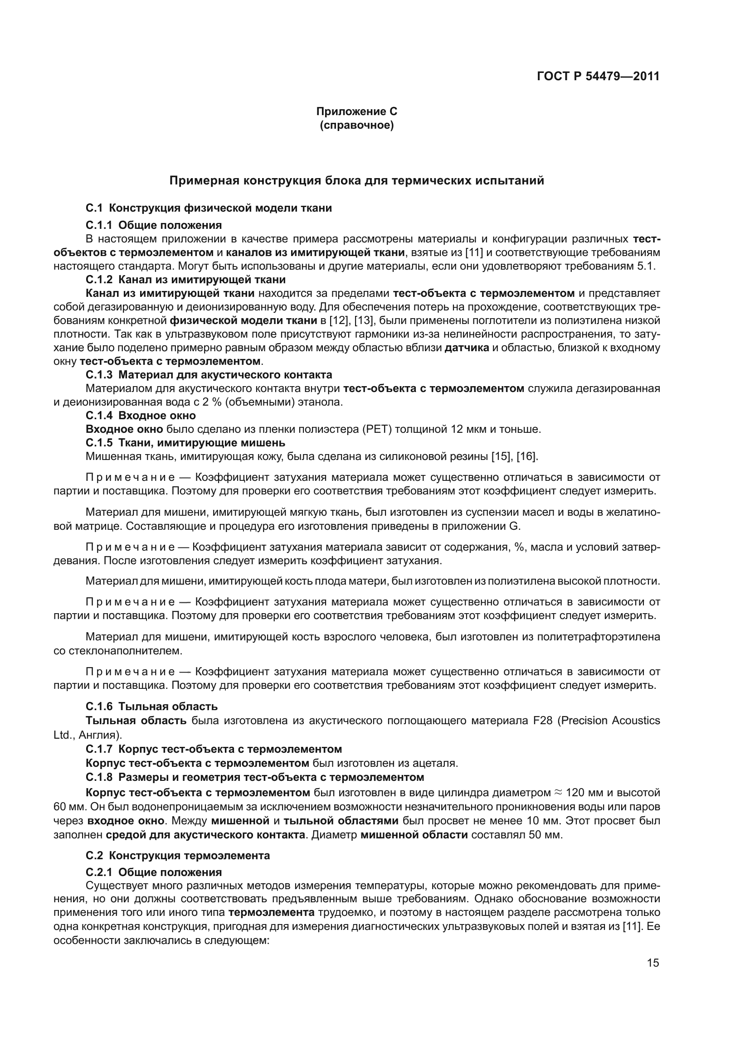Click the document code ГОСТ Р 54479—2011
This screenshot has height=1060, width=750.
click(598, 76)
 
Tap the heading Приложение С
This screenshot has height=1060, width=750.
click(356, 111)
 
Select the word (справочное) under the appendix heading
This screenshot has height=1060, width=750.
click(356, 125)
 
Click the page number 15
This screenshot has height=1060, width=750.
click(653, 963)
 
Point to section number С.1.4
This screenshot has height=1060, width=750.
click(99, 415)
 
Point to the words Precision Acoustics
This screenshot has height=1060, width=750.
click(609, 720)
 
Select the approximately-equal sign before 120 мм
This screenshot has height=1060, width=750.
click(558, 793)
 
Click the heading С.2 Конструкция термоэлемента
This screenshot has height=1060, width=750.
click(178, 855)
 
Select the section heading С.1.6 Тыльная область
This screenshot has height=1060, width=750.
click(151, 707)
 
